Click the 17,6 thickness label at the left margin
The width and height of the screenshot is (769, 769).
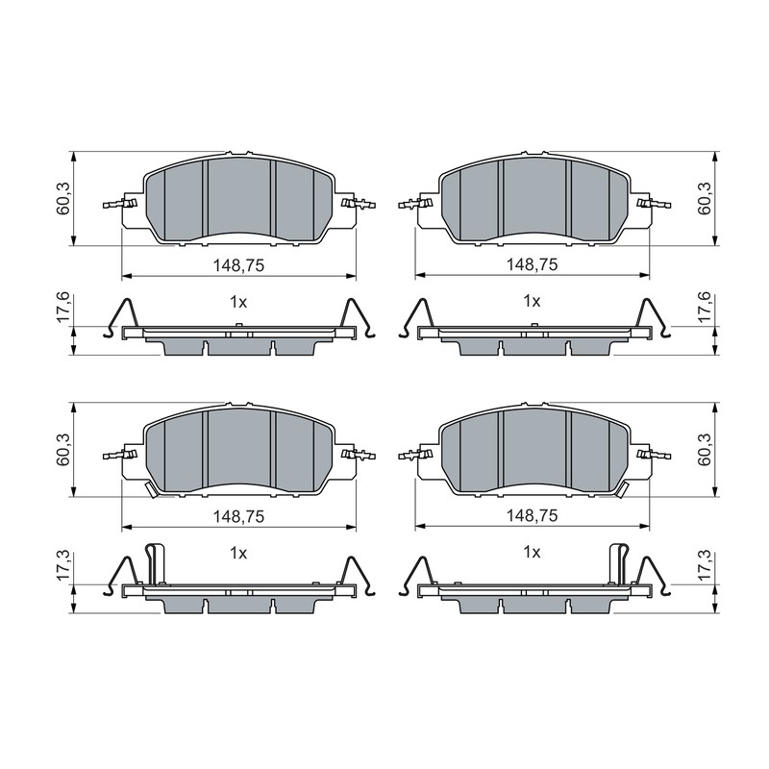tap(64, 308)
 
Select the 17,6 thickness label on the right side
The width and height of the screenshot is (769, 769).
tap(705, 308)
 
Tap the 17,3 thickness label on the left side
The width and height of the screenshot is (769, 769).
tap(64, 566)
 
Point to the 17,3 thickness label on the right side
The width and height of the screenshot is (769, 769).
tap(705, 566)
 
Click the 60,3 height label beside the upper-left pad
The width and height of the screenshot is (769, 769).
tap(64, 199)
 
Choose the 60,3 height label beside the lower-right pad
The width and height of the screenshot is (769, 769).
tap(705, 450)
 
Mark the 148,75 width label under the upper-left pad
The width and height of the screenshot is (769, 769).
tap(238, 265)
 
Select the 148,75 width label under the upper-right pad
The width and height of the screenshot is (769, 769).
tap(533, 265)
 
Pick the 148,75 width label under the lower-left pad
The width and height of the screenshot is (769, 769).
tap(238, 516)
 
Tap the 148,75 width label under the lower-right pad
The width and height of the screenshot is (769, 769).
tap(533, 515)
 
